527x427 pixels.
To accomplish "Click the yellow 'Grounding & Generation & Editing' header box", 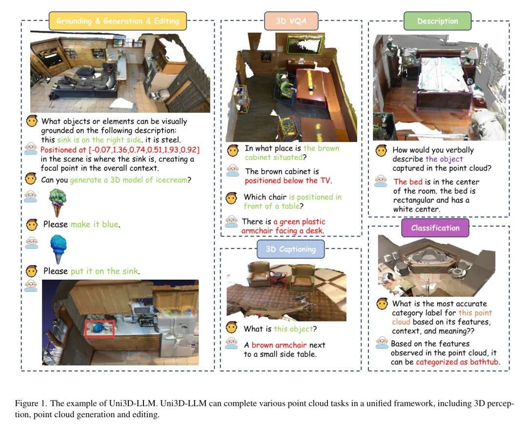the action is tap(118, 21).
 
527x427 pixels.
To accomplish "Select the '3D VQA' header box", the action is tap(291, 21).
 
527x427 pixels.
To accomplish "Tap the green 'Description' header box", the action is tap(437, 21).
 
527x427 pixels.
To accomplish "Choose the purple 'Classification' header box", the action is tap(435, 227).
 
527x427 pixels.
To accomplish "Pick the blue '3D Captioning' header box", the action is tap(291, 249).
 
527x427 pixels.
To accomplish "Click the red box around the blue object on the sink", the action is tap(100, 328).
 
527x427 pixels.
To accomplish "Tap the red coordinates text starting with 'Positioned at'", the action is tap(120, 150).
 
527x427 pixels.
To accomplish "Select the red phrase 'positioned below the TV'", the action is tap(287, 181).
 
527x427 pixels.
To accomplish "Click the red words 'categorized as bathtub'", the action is tap(457, 362).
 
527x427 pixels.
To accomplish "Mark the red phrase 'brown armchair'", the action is tap(279, 345).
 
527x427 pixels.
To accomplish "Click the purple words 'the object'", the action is tap(444, 159).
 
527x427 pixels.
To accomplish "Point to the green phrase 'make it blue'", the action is tap(95, 224).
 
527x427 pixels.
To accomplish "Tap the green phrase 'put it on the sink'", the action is tap(104, 271).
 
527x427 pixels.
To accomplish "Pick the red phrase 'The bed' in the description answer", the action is tap(408, 182).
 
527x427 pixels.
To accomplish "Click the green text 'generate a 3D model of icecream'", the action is tap(129, 180).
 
